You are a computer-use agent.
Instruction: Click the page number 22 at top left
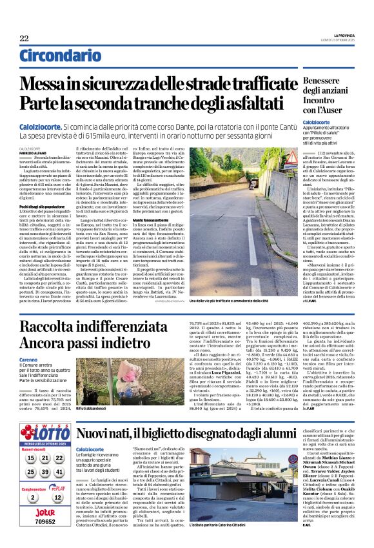[24, 39]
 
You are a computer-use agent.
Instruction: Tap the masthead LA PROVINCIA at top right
[337, 35]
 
